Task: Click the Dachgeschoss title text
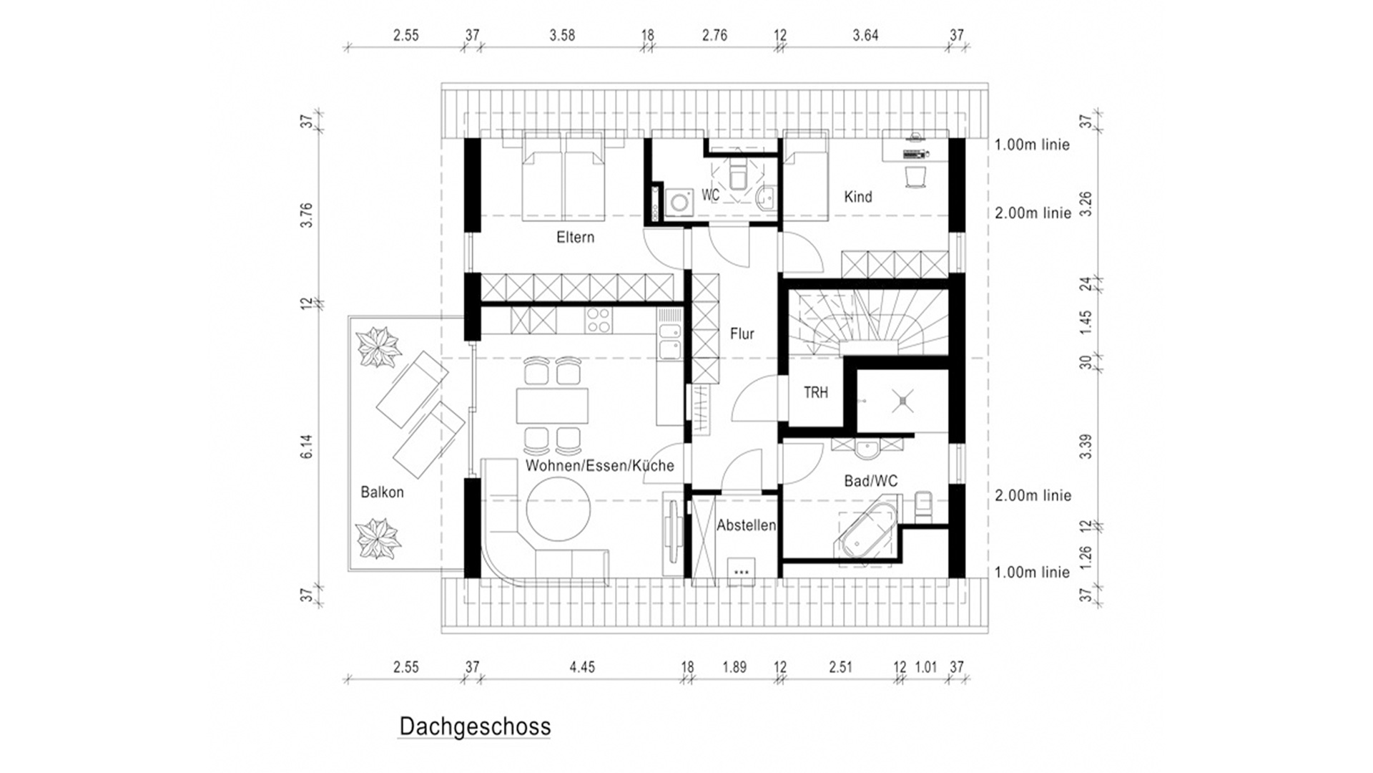click(475, 726)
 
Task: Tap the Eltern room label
click(575, 237)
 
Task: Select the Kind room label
click(858, 197)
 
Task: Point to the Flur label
click(742, 334)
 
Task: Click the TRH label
click(816, 392)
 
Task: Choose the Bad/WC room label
click(870, 481)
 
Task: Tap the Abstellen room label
click(746, 525)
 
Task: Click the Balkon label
click(382, 492)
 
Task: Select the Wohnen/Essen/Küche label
click(599, 466)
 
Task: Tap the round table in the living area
click(558, 509)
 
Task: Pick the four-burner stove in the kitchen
click(599, 320)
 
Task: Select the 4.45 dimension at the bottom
click(582, 667)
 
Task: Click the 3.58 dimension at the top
click(562, 35)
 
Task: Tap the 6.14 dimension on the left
click(307, 446)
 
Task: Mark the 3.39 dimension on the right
click(1086, 446)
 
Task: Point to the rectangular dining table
click(552, 406)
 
